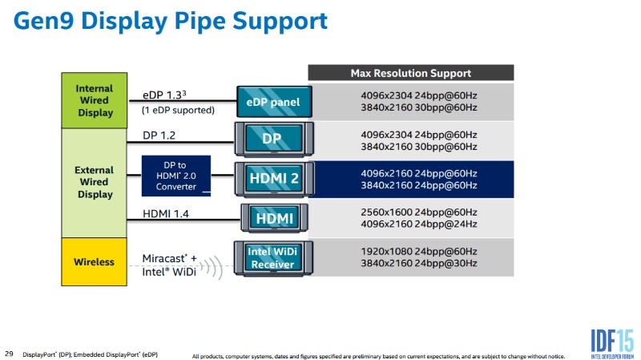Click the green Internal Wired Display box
tap(94, 101)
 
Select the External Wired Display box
tap(94, 183)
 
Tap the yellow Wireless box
tap(94, 262)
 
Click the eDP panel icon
tap(274, 102)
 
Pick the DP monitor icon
tap(274, 139)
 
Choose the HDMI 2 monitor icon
tap(274, 179)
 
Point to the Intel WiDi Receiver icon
tap(273, 258)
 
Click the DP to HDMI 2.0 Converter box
tap(176, 176)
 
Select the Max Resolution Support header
tap(411, 73)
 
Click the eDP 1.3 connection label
tap(164, 95)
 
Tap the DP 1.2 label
tap(159, 136)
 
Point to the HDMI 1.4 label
tap(166, 213)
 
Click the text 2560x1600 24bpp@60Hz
tap(418, 212)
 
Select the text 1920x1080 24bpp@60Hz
tap(418, 252)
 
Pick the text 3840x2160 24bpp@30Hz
tap(418, 264)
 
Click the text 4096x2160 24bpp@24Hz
tap(418, 224)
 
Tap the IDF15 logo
tap(612, 344)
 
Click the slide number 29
tap(9, 354)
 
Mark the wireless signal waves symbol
tap(212, 267)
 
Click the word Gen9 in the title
tap(43, 22)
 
